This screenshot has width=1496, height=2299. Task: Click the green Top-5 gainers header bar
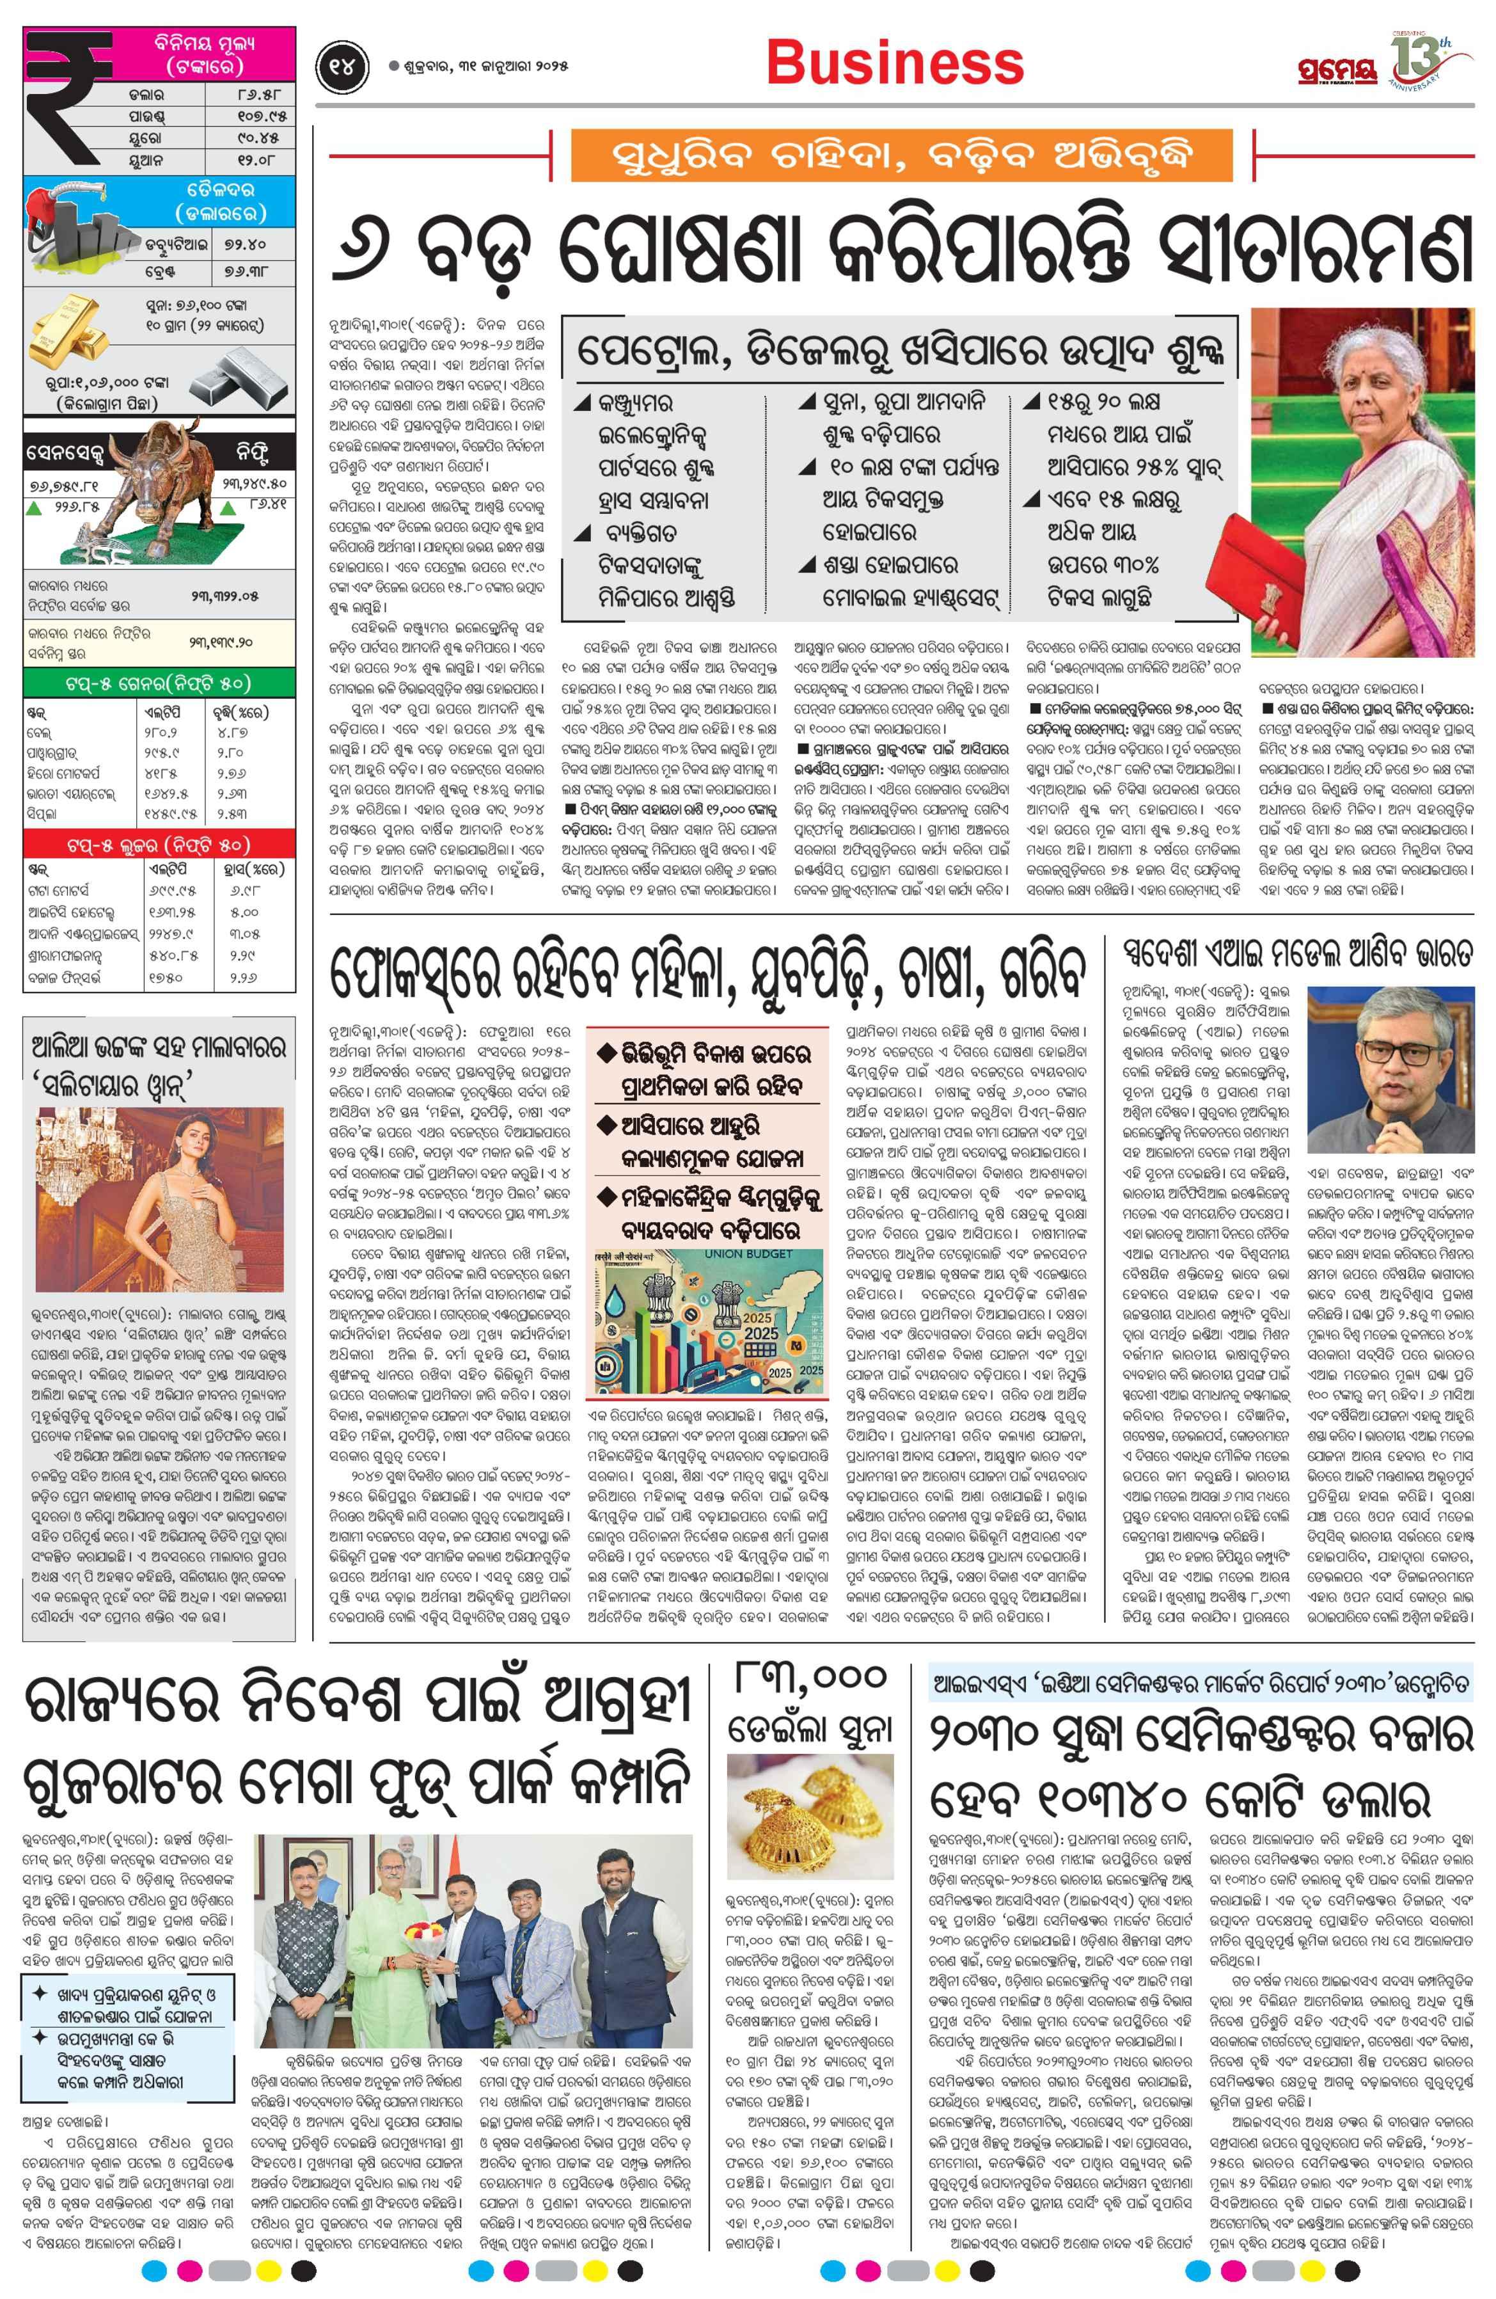159,683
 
